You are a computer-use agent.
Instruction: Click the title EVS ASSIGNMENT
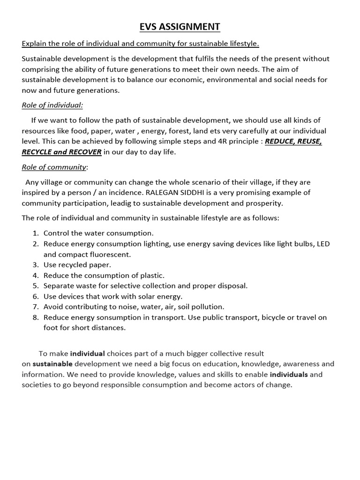(x=180, y=27)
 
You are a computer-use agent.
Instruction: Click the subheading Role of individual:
(x=52, y=105)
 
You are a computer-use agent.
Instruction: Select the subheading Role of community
(x=54, y=167)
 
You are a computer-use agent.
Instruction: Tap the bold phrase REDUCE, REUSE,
(x=293, y=142)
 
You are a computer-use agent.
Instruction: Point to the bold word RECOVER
(x=85, y=152)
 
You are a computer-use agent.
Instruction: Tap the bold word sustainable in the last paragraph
(x=52, y=364)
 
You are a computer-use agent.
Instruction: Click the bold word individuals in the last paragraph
(x=289, y=375)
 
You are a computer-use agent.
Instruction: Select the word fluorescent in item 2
(x=110, y=255)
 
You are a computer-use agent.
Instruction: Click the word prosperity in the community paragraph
(x=266, y=203)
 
